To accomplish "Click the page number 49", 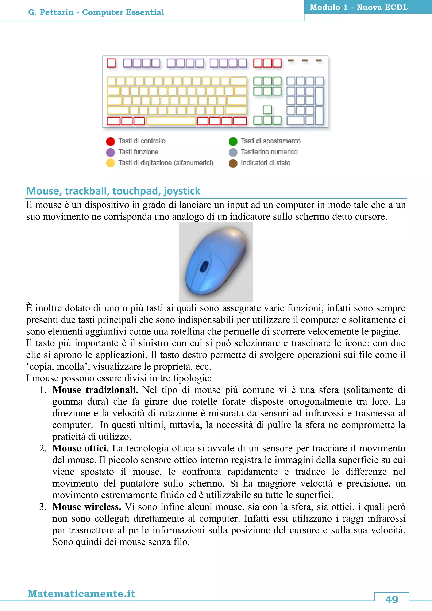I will [391, 600].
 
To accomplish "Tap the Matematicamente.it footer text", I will [81, 594].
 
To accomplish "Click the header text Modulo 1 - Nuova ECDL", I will [359, 7].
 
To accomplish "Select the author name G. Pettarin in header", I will [51, 12].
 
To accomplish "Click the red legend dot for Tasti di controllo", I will [110, 141].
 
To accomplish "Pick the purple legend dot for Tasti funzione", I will [110, 152].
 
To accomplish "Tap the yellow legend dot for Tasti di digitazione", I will [110, 163].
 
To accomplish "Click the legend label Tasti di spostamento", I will [271, 141].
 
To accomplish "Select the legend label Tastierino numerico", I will [269, 152].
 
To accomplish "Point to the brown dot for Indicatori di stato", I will [233, 163].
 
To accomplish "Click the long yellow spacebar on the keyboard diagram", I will [171, 121].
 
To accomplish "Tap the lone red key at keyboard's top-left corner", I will [111, 63].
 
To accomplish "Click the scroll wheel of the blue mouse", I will [204, 266].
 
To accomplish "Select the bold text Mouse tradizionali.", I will [95, 390].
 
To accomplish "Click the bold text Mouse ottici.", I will [80, 448].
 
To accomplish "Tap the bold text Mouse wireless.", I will [87, 507].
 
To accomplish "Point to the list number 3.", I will [43, 507].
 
